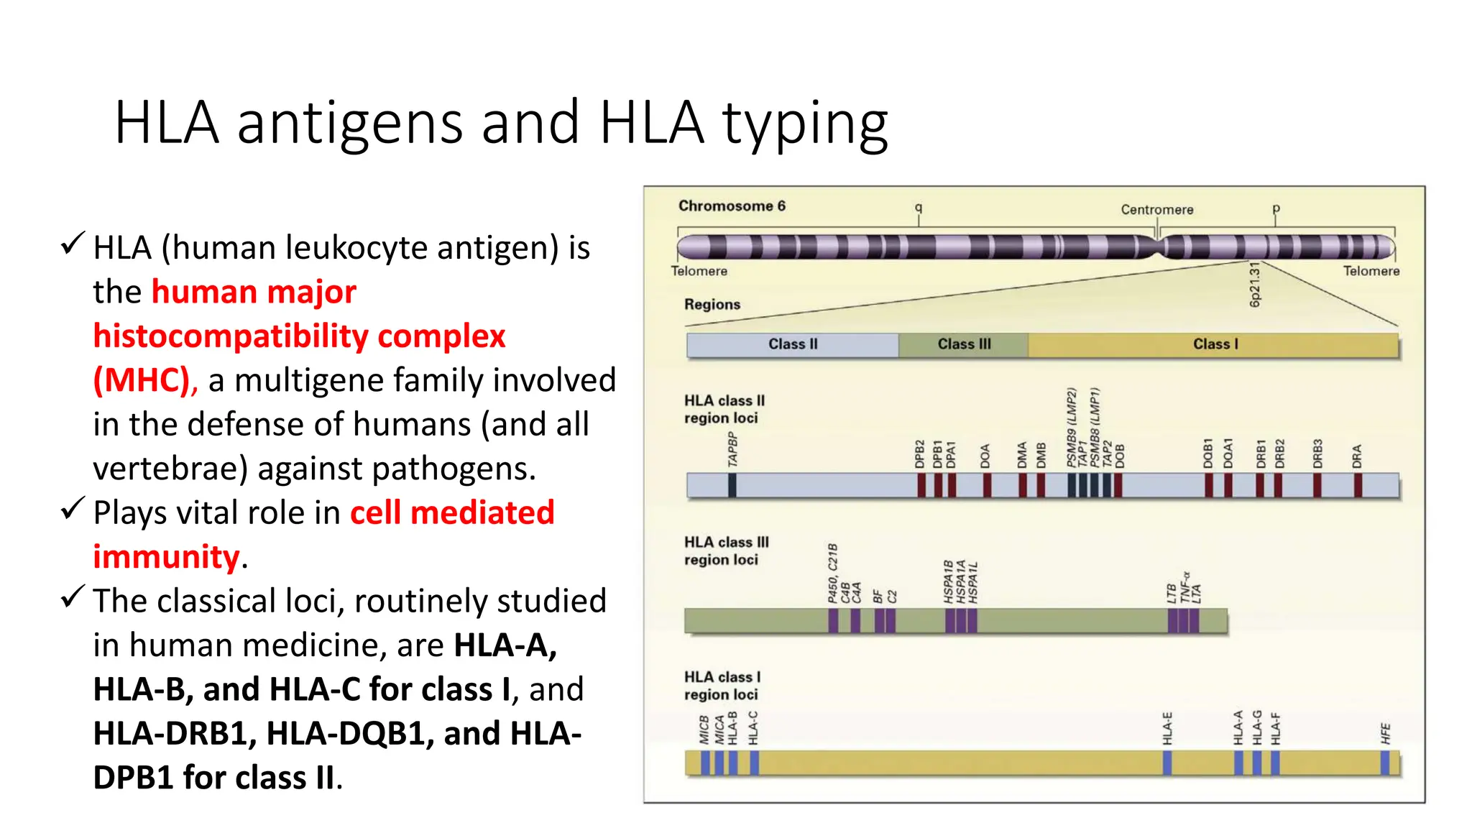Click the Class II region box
[x=792, y=345]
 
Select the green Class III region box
[x=963, y=345]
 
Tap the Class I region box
[x=1215, y=345]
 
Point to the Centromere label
[x=1156, y=210]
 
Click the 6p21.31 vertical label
[x=1255, y=285]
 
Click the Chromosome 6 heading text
[x=732, y=206]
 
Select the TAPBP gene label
[x=732, y=450]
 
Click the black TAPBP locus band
[x=732, y=486]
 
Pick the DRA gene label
[x=1357, y=456]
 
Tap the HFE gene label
[x=1385, y=734]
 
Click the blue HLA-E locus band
[x=1167, y=763]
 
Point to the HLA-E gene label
[x=1167, y=728]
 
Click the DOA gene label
[x=985, y=456]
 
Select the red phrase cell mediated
[x=452, y=513]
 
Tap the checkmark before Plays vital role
[x=73, y=509]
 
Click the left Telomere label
[x=699, y=272]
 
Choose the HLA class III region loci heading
[x=726, y=551]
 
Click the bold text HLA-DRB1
[x=170, y=734]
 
